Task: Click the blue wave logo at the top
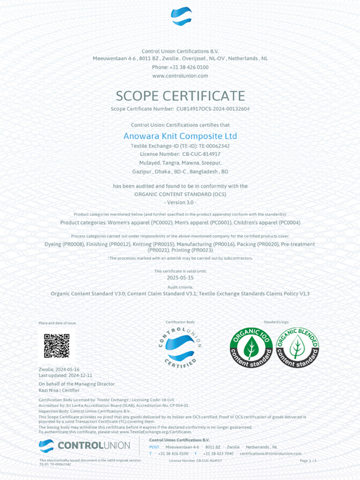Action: tap(180, 17)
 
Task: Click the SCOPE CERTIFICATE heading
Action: tap(180, 96)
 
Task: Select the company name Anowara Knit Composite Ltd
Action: tap(180, 136)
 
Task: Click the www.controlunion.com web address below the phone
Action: tap(180, 76)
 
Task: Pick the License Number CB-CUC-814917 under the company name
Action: tap(180, 154)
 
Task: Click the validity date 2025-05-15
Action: tap(180, 278)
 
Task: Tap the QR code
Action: tap(56, 346)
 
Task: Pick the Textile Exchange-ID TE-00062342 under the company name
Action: tap(180, 146)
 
